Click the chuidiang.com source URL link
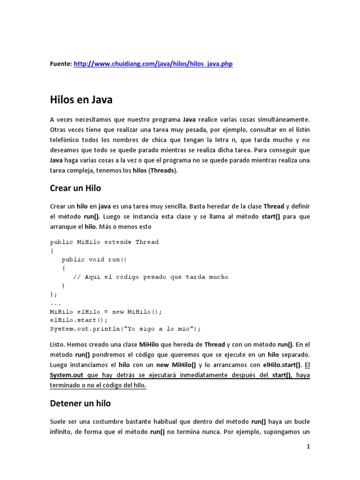[x=153, y=64]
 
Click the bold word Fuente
[x=61, y=64]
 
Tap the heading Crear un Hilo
[x=75, y=188]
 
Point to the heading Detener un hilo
[x=80, y=403]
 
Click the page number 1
[x=308, y=447]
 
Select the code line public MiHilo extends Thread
[x=104, y=242]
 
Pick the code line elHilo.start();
[x=79, y=320]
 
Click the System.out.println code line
[x=125, y=329]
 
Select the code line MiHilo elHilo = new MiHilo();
[x=105, y=311]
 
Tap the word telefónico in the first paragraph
[x=66, y=140]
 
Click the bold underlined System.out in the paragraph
[x=67, y=375]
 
